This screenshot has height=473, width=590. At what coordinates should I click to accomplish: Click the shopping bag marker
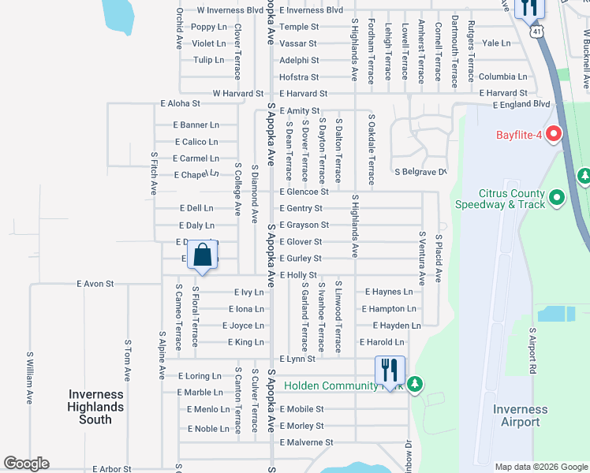pos(203,256)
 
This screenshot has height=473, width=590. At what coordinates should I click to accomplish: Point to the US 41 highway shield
pos(536,32)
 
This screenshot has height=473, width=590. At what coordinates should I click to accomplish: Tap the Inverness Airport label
pos(521,415)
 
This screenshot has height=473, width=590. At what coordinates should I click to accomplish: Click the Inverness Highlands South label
pos(96,407)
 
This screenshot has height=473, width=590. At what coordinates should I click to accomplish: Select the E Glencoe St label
pos(304,192)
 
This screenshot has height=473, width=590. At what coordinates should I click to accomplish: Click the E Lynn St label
pos(297,359)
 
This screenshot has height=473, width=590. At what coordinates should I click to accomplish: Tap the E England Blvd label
pos(519,103)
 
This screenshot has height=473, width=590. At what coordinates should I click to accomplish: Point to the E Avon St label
pos(95,284)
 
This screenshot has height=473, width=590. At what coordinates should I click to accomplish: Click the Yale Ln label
pos(496,43)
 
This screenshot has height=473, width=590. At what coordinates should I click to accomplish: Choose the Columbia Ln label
pos(502,77)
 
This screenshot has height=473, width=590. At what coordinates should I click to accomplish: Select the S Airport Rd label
pos(532,350)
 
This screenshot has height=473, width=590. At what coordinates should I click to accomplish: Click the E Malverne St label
pos(307,442)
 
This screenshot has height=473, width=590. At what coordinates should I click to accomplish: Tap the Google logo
pos(26,464)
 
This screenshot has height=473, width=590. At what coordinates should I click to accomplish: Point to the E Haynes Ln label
pos(389,292)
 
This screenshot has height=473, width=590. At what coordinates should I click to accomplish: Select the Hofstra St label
pos(299,77)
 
